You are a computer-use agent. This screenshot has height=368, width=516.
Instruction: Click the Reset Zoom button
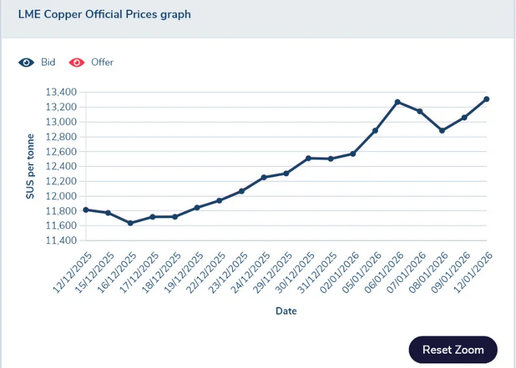pyautogui.click(x=453, y=350)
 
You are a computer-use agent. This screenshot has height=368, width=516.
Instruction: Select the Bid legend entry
pyautogui.click(x=37, y=63)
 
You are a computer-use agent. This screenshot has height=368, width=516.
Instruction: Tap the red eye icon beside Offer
pyautogui.click(x=77, y=63)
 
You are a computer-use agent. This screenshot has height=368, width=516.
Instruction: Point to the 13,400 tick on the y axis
pyautogui.click(x=61, y=92)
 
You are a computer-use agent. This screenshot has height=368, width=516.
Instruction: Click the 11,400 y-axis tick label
pyautogui.click(x=61, y=241)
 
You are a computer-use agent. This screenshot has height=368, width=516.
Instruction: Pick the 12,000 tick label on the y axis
pyautogui.click(x=61, y=196)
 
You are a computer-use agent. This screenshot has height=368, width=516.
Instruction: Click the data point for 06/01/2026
pyautogui.click(x=397, y=102)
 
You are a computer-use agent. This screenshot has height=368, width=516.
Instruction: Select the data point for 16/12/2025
pyautogui.click(x=130, y=223)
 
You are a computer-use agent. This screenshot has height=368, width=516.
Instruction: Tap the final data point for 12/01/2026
pyautogui.click(x=486, y=99)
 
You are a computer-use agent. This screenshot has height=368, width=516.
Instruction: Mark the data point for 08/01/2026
pyautogui.click(x=442, y=130)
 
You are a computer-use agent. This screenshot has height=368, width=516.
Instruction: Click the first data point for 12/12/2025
pyautogui.click(x=86, y=210)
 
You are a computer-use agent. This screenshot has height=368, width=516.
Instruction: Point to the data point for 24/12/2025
pyautogui.click(x=264, y=178)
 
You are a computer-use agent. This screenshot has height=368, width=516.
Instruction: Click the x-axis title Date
pyautogui.click(x=286, y=311)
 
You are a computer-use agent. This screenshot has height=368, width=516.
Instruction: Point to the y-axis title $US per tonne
pyautogui.click(x=30, y=167)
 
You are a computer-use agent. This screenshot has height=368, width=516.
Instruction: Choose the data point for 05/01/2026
pyautogui.click(x=375, y=130)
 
